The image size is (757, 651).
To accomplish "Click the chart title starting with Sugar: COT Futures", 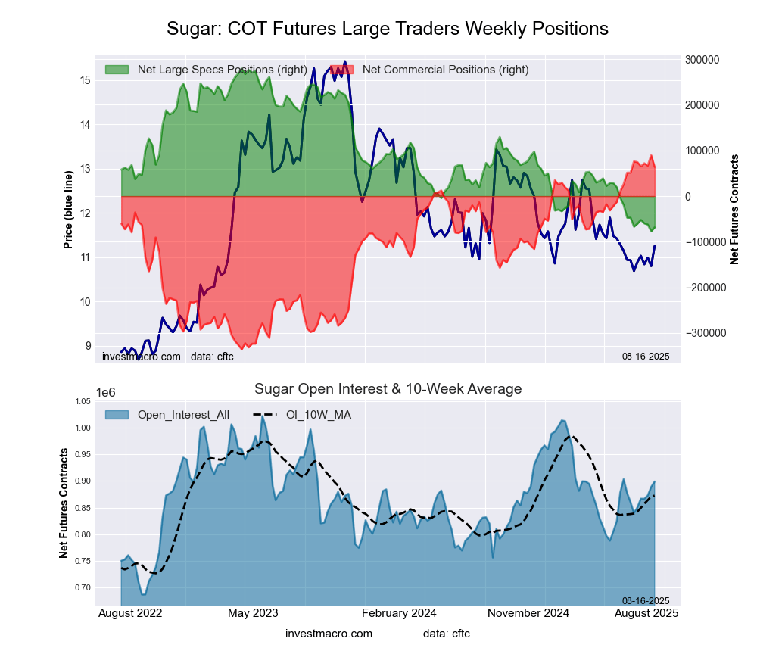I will (x=387, y=29).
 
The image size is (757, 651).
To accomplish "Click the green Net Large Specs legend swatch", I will (x=117, y=70).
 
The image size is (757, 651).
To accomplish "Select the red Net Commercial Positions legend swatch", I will (x=342, y=70).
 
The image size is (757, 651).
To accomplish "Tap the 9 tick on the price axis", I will (x=88, y=346).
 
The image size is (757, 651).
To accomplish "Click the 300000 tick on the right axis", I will (x=701, y=60).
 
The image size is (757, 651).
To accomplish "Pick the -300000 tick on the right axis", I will (x=703, y=333).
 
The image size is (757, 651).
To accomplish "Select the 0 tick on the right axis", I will (x=688, y=197).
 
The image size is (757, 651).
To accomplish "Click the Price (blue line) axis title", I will (x=68, y=210).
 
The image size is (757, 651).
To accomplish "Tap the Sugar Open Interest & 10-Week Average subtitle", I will (x=388, y=389).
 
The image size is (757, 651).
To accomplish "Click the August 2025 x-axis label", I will (x=644, y=612).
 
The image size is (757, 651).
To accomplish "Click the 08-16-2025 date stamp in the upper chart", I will (x=646, y=356).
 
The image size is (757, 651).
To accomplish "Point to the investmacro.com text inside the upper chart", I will (x=142, y=356).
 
